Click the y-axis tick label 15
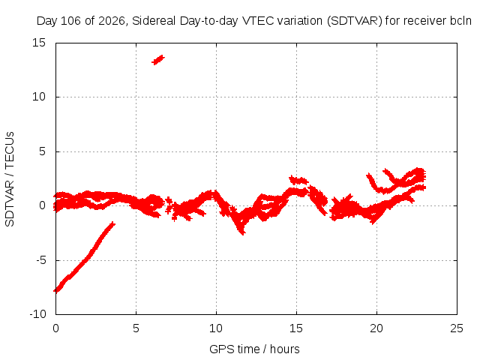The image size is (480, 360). [x=39, y=43]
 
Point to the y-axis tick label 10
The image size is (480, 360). [x=39, y=97]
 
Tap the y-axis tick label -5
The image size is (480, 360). [x=41, y=260]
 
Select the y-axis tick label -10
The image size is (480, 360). [x=37, y=314]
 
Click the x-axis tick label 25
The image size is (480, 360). [x=457, y=328]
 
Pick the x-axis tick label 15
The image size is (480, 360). [x=296, y=328]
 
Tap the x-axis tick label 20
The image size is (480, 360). [x=376, y=328]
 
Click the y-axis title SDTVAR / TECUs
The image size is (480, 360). [x=10, y=179]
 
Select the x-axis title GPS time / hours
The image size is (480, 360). [x=254, y=349]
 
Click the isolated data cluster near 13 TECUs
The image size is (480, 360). [x=158, y=60]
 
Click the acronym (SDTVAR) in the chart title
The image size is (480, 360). [x=355, y=21]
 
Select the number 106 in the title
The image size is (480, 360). [x=71, y=21]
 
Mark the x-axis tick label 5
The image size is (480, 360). [x=136, y=328]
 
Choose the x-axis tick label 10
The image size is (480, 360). [x=216, y=328]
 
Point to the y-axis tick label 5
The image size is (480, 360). [x=42, y=151]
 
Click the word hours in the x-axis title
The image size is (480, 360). [x=285, y=349]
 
